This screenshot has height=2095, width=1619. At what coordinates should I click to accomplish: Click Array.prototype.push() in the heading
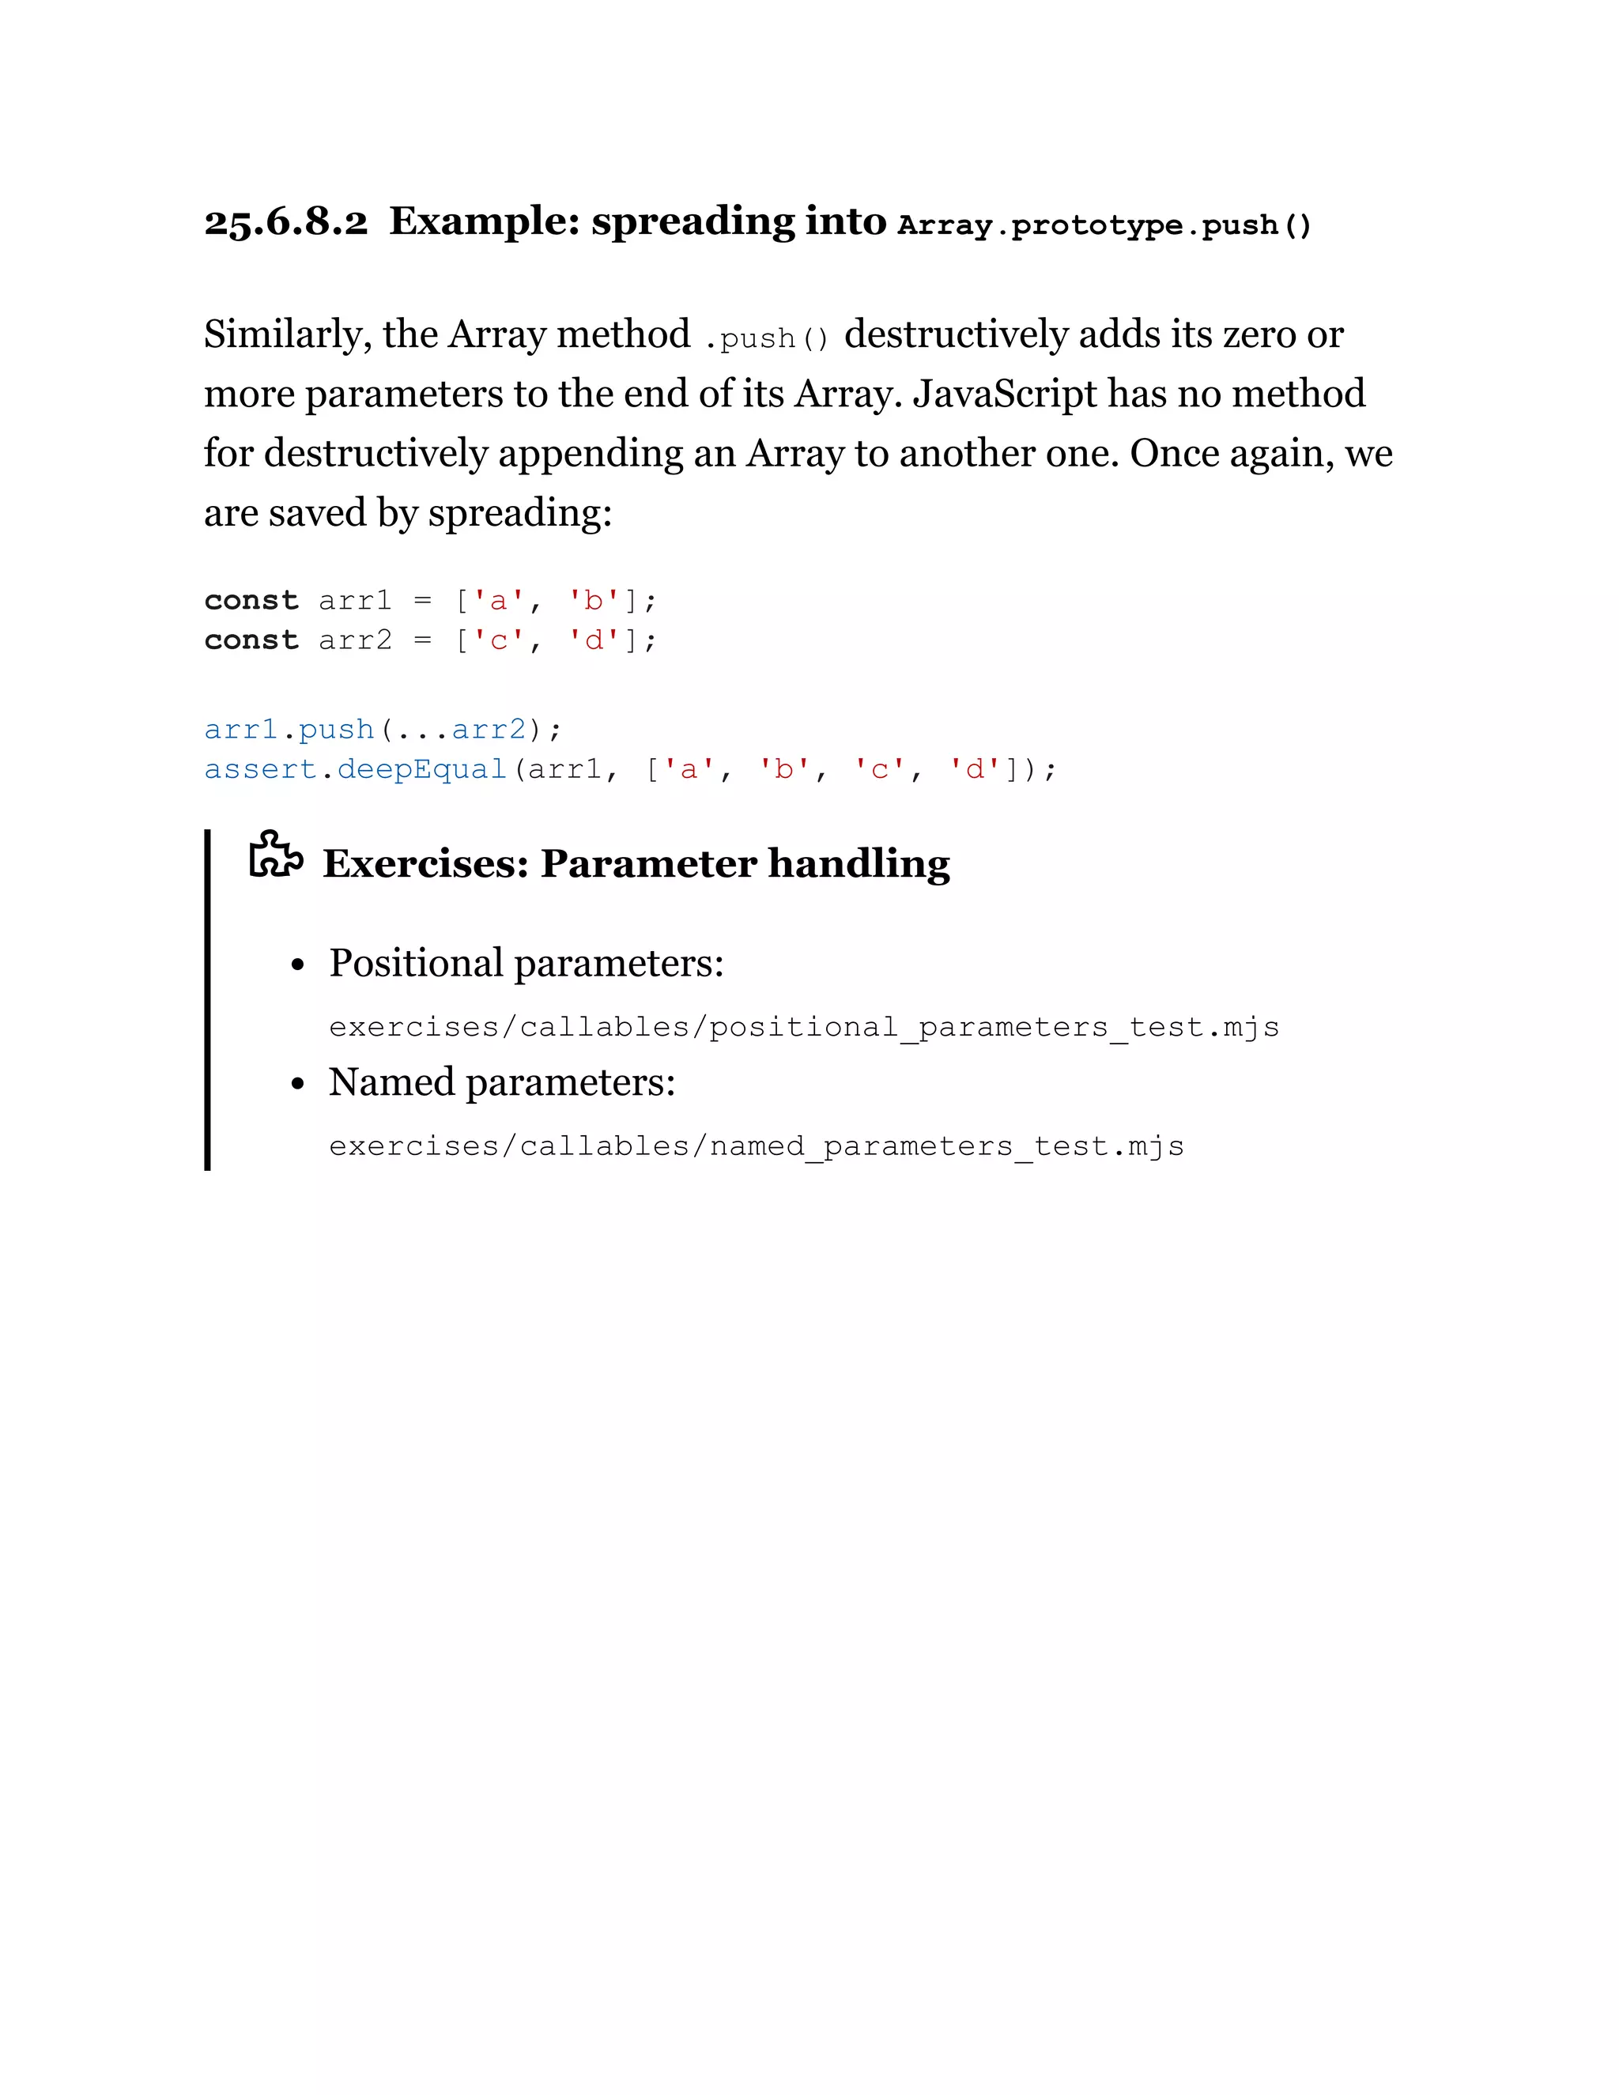click(1104, 225)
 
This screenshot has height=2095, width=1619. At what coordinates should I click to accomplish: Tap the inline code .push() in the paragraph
click(766, 338)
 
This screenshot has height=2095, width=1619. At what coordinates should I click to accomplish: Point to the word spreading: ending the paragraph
click(519, 513)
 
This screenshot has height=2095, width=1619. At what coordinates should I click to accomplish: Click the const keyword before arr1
click(251, 602)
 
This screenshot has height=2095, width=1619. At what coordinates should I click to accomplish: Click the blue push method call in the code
click(336, 730)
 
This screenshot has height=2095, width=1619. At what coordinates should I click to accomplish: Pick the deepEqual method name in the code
click(422, 769)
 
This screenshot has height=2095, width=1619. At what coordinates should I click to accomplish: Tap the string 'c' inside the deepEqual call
click(878, 769)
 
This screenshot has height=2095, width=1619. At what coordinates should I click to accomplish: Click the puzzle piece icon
click(275, 855)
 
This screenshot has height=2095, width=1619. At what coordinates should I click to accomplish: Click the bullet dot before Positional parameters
click(298, 965)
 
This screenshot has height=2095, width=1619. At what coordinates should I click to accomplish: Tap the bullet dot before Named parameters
click(298, 1084)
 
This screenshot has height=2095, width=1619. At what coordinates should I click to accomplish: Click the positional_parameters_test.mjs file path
click(804, 1029)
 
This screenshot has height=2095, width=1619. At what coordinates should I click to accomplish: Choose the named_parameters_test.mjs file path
click(756, 1147)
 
